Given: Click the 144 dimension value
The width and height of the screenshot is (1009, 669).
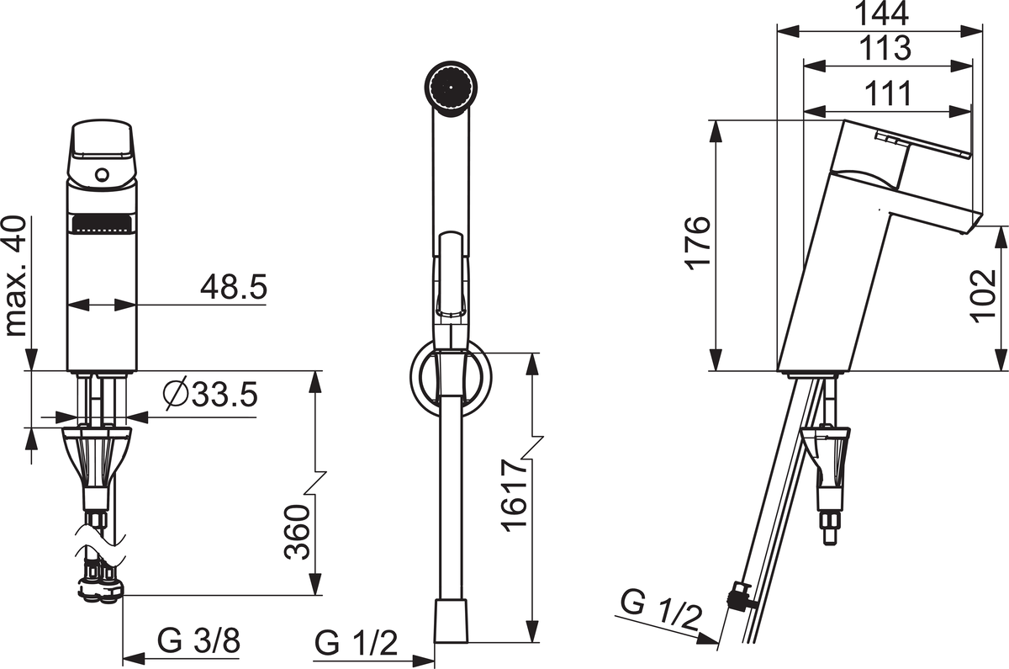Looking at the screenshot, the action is click(882, 13).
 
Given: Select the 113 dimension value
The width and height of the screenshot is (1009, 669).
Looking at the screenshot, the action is click(885, 48).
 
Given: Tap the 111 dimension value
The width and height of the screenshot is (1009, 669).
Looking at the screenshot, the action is click(886, 93).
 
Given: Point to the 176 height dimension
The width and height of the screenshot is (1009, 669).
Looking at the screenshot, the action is click(698, 243).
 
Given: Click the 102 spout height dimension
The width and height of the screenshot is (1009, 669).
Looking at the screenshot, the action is click(983, 296).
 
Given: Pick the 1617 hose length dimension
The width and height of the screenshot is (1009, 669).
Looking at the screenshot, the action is click(514, 496).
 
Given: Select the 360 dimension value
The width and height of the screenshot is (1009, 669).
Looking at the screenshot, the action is click(298, 532).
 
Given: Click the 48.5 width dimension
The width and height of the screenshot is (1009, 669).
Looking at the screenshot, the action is click(234, 287).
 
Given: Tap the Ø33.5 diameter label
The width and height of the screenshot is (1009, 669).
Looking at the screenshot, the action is click(210, 395).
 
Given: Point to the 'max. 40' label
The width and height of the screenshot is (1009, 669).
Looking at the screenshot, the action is click(16, 276).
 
